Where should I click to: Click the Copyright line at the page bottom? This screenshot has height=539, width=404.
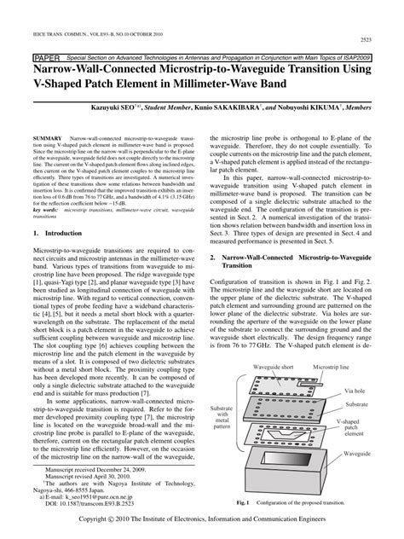(202, 518)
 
